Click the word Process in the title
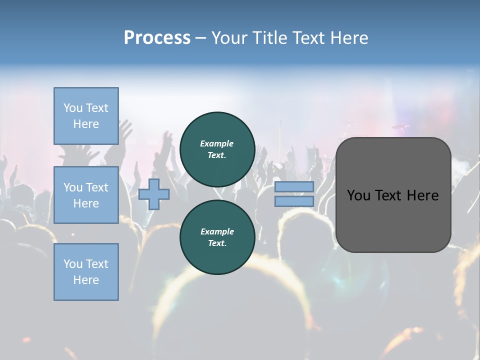click(157, 38)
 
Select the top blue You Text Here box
click(86, 116)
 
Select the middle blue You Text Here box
click(86, 195)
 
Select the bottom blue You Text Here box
click(86, 272)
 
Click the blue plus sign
click(154, 194)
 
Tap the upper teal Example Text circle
click(217, 149)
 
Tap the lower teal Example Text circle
click(217, 237)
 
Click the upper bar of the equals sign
click(294, 187)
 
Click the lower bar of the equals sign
click(294, 201)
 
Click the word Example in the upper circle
click(217, 143)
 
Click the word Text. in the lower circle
click(217, 243)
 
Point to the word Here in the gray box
click(422, 195)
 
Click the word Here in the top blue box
click(86, 124)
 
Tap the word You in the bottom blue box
click(73, 264)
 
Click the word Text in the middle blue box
click(97, 187)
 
